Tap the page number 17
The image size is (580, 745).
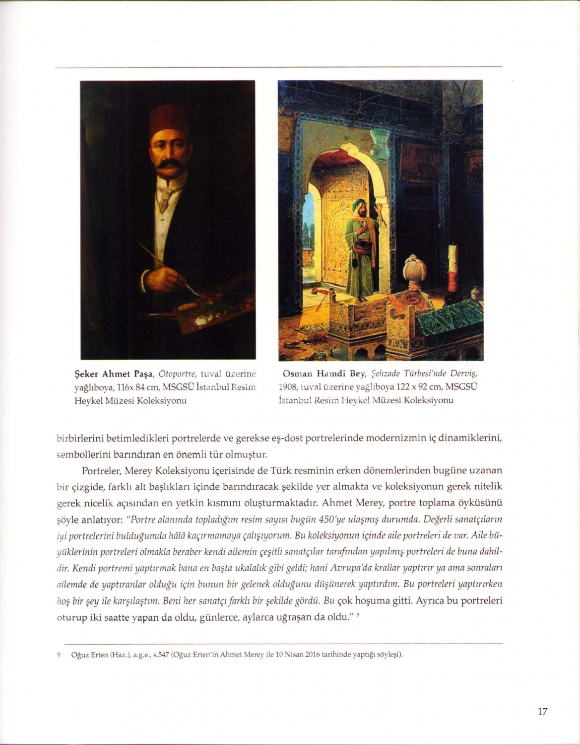542,711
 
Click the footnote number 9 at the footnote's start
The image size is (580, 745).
59,655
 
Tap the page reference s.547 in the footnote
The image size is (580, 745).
158,655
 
